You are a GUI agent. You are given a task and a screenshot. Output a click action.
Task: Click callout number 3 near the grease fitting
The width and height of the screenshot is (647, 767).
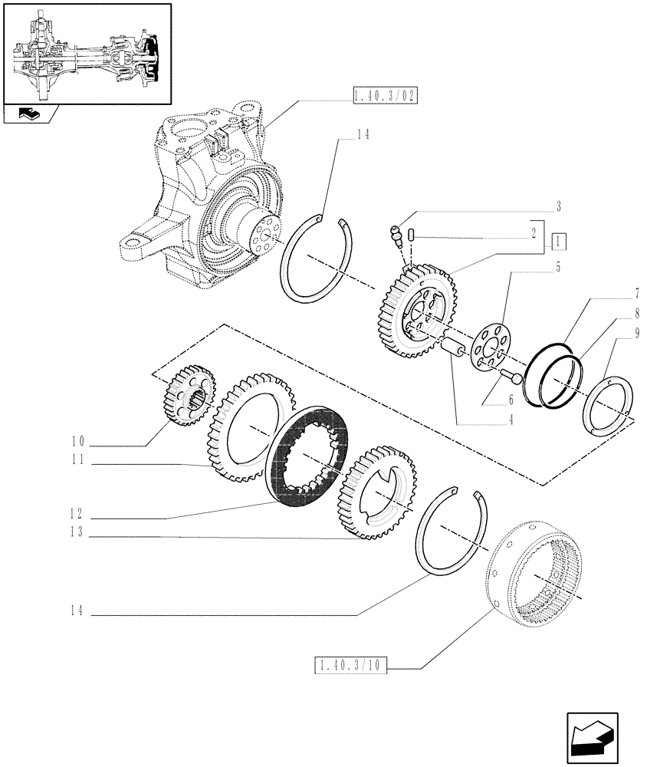pos(559,206)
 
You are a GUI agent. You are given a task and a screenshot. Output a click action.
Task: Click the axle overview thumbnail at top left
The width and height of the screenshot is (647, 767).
pos(87,52)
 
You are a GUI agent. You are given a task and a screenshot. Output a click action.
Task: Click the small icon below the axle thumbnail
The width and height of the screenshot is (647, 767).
pos(30,114)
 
